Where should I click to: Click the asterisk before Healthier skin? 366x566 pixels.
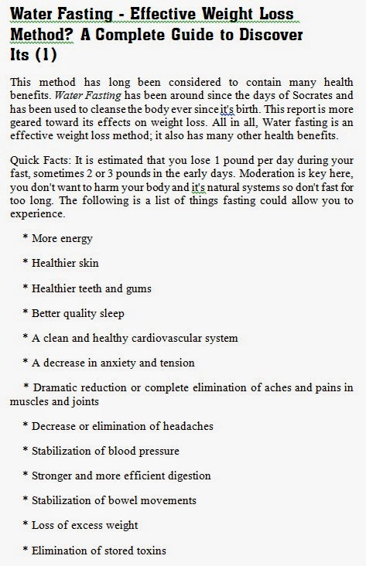pyautogui.click(x=26, y=264)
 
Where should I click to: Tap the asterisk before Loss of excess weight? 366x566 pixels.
pyautogui.click(x=26, y=526)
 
